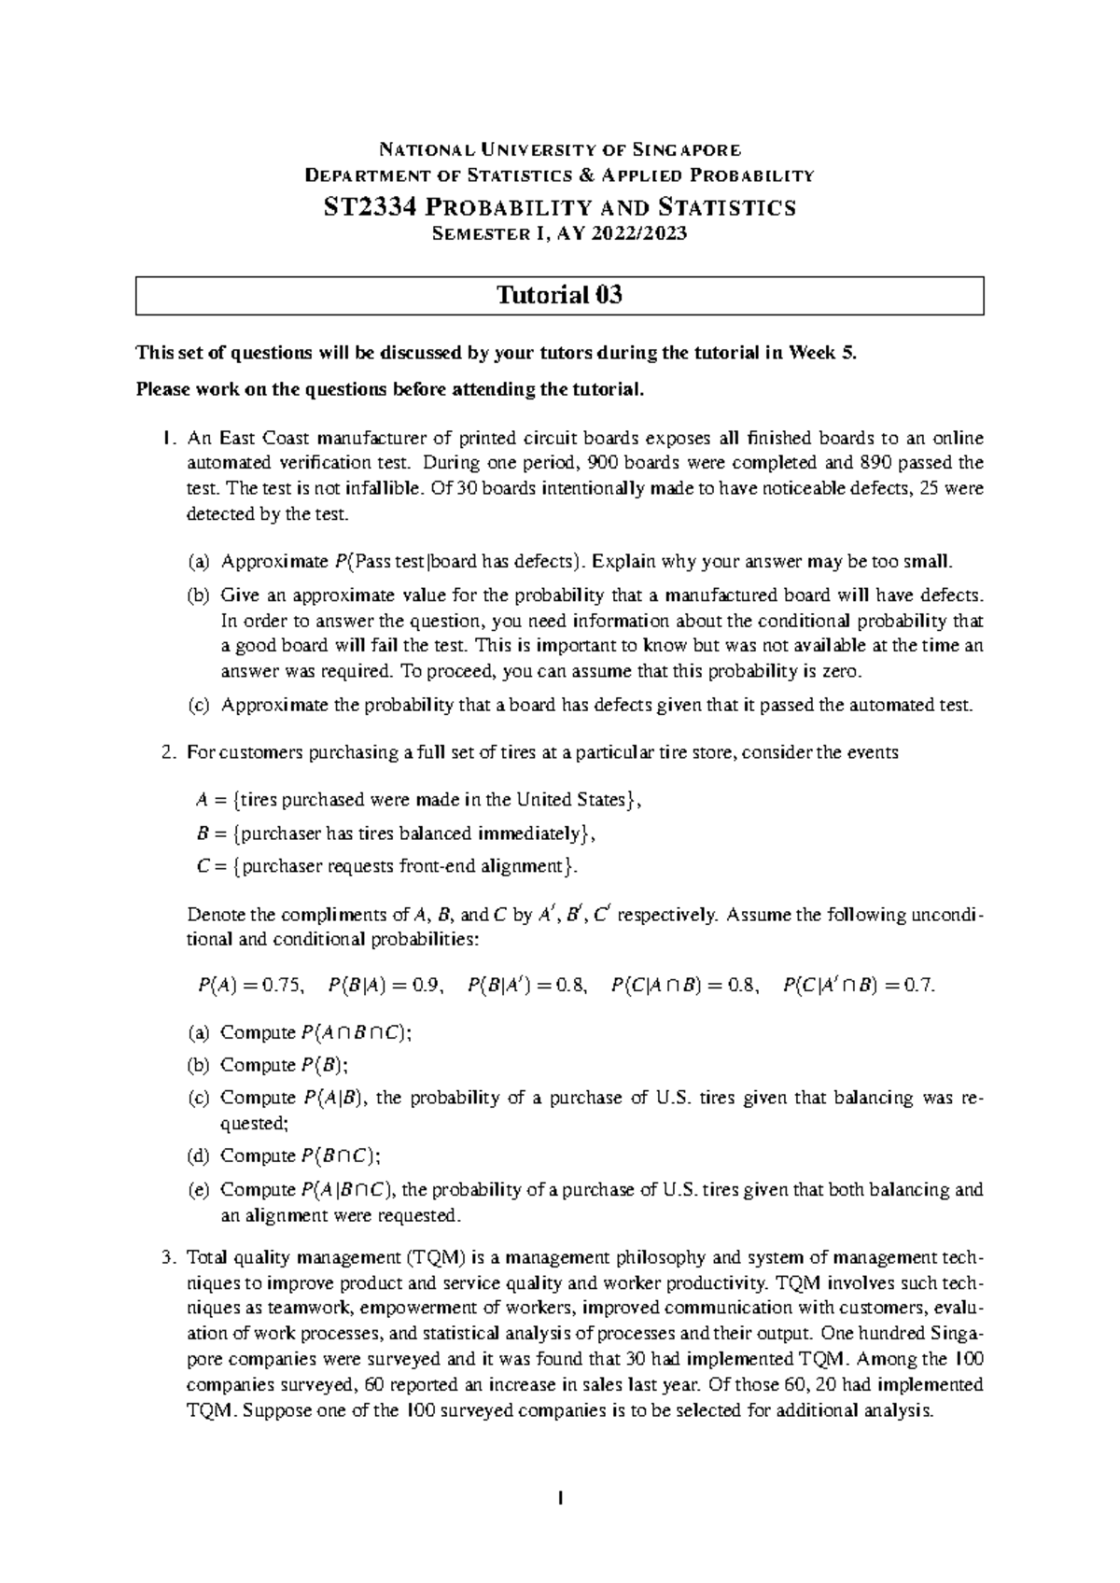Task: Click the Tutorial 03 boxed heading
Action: [559, 296]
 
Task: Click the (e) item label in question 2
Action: [198, 1190]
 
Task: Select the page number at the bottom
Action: [560, 1499]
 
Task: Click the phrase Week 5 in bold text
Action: [820, 354]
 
